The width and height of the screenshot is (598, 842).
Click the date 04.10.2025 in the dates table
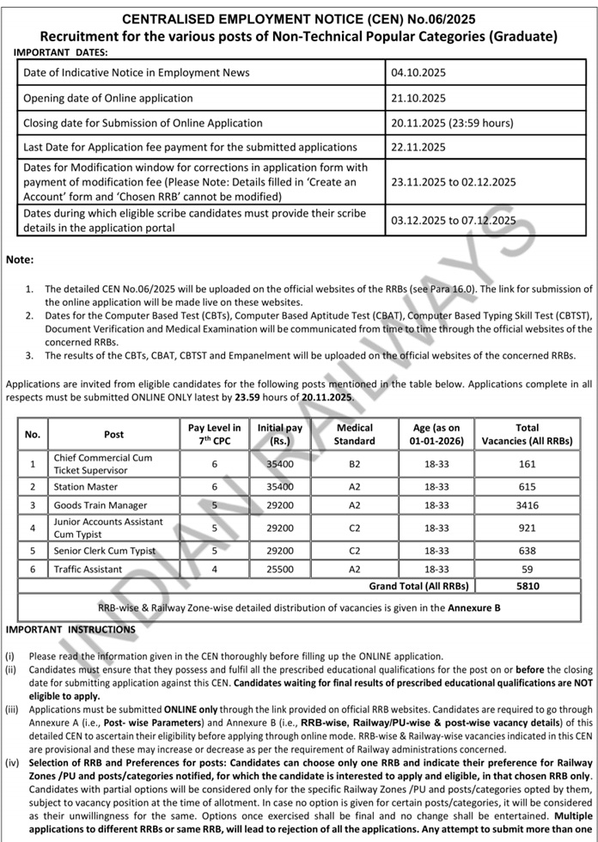coord(418,73)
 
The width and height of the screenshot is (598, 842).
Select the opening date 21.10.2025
coord(418,98)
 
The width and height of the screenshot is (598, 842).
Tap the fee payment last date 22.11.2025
coord(418,148)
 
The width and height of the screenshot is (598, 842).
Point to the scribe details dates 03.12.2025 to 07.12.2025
coord(453,220)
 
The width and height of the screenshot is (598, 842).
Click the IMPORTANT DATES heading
coord(62,52)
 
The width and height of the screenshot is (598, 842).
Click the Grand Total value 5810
coord(527,586)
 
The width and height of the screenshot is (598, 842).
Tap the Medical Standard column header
coord(355,434)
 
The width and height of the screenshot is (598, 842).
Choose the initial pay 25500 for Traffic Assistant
coord(280,569)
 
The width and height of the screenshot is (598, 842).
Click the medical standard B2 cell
coord(355,464)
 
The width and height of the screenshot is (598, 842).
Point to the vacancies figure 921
coord(527,528)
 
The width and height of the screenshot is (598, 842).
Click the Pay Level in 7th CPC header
coord(215,434)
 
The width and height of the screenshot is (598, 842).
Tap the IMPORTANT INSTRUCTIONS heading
coord(70,630)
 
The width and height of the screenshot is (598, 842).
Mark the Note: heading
coord(20,259)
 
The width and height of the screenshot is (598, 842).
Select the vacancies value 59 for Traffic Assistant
coord(527,569)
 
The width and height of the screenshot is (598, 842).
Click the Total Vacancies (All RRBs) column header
coord(527,434)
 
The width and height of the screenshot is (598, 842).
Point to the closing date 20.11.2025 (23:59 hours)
coord(451,123)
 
